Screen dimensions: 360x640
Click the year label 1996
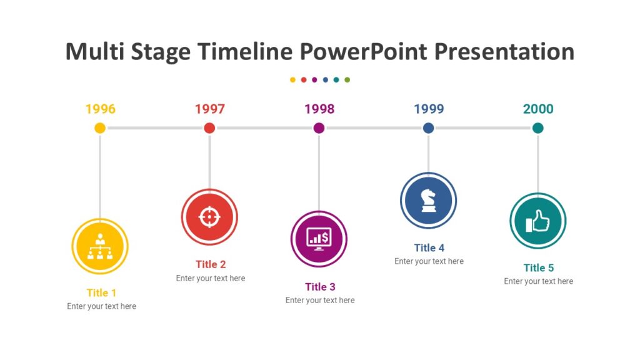point(100,109)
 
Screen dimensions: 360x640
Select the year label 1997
point(209,109)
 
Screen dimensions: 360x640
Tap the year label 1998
point(319,109)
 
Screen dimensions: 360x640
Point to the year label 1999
point(429,109)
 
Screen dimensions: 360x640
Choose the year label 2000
point(538,109)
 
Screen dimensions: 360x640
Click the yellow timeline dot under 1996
point(100,128)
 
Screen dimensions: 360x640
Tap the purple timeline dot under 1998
point(319,128)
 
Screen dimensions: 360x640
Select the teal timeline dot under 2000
point(538,128)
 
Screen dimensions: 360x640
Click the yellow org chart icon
point(100,246)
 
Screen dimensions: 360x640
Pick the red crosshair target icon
point(209,217)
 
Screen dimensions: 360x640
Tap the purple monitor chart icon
point(319,239)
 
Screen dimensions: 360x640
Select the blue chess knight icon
point(428,201)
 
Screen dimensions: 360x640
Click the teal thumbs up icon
point(537,221)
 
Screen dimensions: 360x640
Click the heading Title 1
point(101,292)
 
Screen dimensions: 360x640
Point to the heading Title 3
point(320,287)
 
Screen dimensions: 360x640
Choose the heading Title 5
point(538,267)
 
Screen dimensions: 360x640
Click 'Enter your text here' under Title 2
point(211,278)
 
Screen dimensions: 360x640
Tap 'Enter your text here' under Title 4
point(429,261)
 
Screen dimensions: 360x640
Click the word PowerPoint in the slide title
point(365,51)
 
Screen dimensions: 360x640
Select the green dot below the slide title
point(347,80)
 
